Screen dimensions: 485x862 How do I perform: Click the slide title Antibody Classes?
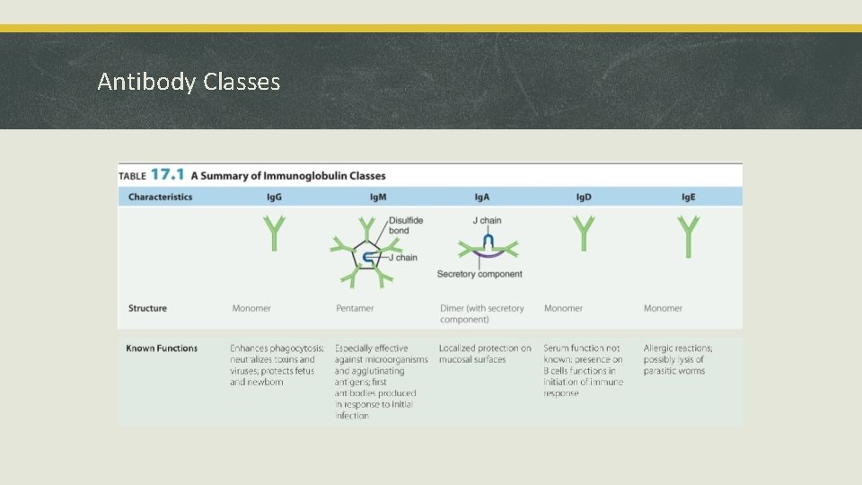coord(189,82)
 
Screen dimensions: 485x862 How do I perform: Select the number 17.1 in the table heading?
coord(168,174)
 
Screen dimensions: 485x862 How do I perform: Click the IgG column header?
coord(274,197)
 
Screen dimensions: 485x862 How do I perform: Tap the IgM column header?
coord(378,197)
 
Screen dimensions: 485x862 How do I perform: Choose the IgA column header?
coord(482,197)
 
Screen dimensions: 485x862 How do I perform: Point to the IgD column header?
coord(584,197)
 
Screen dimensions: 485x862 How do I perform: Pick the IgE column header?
coord(689,197)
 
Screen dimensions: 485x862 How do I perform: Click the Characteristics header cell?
coord(160,197)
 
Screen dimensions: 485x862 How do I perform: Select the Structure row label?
coord(147,308)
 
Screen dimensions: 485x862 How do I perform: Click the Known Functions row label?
coord(162,348)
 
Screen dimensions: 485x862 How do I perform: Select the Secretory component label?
coord(479,274)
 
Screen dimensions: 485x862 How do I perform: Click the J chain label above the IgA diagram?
coord(487,220)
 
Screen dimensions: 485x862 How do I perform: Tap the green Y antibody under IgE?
coord(689,235)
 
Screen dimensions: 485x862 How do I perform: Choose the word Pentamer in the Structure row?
coord(355,308)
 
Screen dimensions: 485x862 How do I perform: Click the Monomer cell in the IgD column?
coord(563,308)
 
